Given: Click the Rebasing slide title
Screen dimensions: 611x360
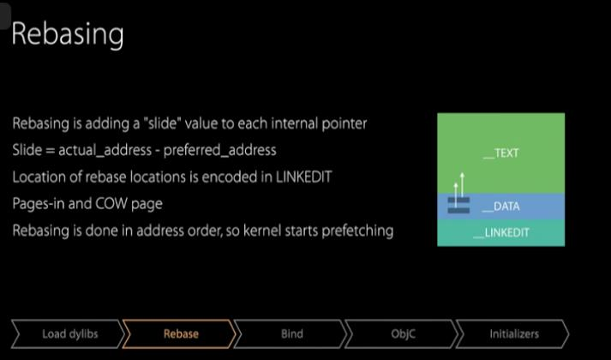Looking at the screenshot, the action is [x=68, y=34].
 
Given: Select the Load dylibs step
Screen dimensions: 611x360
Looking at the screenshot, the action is [x=69, y=334].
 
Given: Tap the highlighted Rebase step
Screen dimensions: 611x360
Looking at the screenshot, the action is [x=180, y=334].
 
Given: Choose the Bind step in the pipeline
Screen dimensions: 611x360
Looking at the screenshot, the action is [x=291, y=334].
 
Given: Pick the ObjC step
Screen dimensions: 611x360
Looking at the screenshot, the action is [x=403, y=334].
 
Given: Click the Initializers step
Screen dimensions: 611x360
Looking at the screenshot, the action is [x=513, y=334].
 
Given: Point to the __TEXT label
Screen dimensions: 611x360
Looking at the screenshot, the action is [x=501, y=153].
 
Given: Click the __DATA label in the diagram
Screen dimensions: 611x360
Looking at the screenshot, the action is [x=500, y=206].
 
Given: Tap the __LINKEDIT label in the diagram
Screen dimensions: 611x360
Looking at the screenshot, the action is [x=501, y=232].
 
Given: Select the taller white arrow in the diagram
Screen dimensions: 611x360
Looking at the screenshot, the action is [x=462, y=184].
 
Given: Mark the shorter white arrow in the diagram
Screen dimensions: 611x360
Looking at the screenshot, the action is [x=456, y=195].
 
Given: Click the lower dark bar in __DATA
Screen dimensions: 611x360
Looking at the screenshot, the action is [x=458, y=211].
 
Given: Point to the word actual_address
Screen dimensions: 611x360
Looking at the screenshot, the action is [x=105, y=150].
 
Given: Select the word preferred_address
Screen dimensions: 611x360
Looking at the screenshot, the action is [x=219, y=150].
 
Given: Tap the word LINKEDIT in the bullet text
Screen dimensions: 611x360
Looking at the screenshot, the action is [x=304, y=177].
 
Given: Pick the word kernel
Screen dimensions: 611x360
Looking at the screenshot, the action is [x=262, y=231].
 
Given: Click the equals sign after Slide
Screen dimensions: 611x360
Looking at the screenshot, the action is [x=50, y=151].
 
